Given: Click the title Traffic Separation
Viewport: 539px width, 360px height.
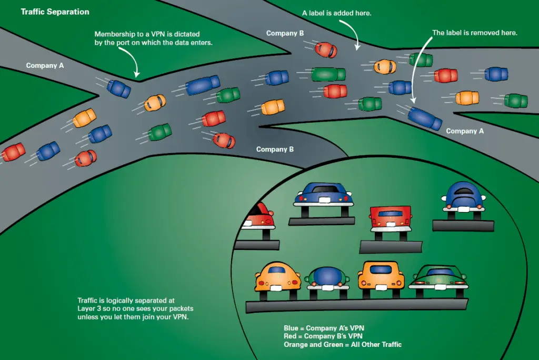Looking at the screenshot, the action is (55, 12).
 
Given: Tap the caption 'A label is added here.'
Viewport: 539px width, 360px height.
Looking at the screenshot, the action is (336, 13).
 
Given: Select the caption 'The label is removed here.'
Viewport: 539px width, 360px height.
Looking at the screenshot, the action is (475, 33).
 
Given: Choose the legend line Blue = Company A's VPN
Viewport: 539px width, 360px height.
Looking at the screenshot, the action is (324, 328).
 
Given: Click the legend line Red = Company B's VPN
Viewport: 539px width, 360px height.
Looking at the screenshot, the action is (323, 336).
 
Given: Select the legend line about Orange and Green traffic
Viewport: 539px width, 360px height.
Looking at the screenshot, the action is (343, 344).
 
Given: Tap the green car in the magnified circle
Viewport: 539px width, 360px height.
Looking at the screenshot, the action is (438, 279).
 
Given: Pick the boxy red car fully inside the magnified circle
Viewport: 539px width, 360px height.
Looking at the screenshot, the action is (391, 221).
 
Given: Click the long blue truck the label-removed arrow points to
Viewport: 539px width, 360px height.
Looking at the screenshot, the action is (425, 118).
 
